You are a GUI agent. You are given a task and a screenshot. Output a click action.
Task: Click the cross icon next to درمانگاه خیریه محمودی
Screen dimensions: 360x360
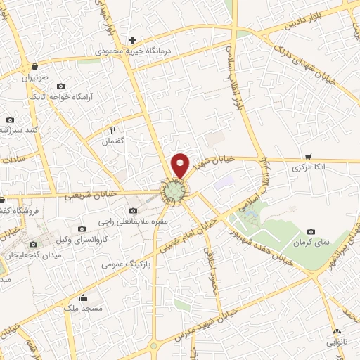point(131,40)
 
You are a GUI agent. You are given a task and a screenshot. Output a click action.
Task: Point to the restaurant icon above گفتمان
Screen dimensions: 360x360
point(112,130)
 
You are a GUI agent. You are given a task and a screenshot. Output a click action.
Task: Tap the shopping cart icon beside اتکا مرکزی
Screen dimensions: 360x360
point(308,157)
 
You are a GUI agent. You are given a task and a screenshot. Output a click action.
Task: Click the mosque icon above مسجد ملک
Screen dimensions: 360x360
point(84,297)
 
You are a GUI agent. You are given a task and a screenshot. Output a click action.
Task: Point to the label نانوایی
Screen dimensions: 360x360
point(335,342)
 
